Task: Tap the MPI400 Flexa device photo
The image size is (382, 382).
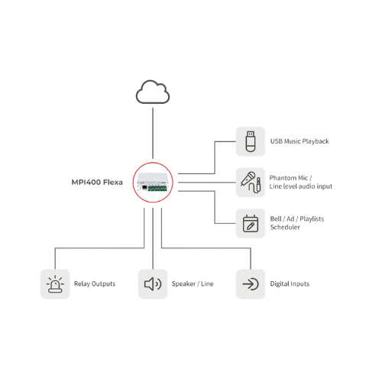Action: click(x=153, y=183)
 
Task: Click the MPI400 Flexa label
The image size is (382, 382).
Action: click(x=97, y=183)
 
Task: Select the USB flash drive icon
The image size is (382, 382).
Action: click(x=251, y=141)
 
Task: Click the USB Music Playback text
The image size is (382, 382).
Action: click(x=299, y=141)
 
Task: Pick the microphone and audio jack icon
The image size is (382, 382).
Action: click(x=251, y=183)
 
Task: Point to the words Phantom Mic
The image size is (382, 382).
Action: click(x=289, y=178)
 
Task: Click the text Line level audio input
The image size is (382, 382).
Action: click(x=301, y=186)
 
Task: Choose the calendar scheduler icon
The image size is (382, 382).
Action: click(x=251, y=223)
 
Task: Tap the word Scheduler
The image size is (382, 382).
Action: click(x=285, y=227)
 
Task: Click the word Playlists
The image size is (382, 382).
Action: click(x=312, y=219)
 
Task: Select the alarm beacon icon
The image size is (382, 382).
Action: click(x=55, y=284)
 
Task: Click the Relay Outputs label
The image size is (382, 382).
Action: click(x=95, y=283)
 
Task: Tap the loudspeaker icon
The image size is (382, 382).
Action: click(x=153, y=284)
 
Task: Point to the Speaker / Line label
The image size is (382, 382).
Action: click(x=193, y=283)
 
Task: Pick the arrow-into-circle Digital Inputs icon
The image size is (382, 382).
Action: click(x=251, y=284)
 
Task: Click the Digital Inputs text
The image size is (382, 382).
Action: click(x=290, y=283)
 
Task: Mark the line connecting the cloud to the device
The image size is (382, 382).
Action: click(x=153, y=133)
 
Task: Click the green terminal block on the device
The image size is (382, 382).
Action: click(x=157, y=189)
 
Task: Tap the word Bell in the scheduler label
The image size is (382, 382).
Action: click(x=276, y=219)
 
